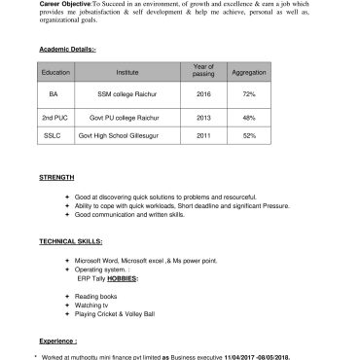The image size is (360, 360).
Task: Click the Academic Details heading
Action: [67, 49]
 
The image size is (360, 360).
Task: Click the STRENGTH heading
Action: [56, 178]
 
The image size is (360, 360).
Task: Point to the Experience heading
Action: [57, 342]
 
